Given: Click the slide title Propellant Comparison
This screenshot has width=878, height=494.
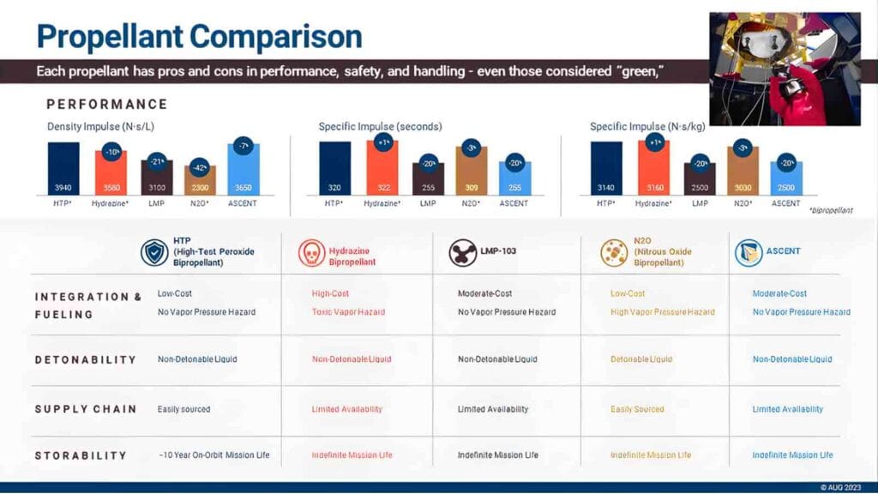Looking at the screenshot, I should pos(199,36).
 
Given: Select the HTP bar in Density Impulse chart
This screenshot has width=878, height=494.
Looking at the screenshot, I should pos(63,168).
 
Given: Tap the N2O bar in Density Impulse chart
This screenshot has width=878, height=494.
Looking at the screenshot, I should pos(201,179).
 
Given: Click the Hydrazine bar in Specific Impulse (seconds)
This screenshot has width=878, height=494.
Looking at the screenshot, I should pos(382,167).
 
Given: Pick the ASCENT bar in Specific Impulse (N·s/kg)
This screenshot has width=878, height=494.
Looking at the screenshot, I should pos(786,178).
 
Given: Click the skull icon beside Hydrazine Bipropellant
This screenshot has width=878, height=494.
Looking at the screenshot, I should pos(311,252).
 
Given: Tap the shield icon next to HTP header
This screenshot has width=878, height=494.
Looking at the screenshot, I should pos(154,252).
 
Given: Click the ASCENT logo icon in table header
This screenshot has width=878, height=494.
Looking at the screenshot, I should pos(748,252).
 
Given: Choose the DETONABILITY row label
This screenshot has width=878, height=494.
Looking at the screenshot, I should pos(85,360).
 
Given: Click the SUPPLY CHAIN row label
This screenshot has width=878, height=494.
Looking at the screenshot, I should pos(85,409).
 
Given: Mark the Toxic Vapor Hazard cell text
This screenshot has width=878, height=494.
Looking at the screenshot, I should pos(348,312).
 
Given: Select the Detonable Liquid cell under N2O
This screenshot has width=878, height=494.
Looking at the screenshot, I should pos(641,360).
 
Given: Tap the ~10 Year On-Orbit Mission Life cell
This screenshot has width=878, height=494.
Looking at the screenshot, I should pos(213,455).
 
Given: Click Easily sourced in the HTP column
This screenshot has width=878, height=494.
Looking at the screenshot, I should pos(183,409).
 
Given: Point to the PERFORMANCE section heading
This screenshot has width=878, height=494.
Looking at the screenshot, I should pos(106,105).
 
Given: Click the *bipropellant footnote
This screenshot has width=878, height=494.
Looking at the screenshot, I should pos(830,210).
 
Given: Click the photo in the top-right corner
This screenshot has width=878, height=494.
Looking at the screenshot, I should pos(785,69).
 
